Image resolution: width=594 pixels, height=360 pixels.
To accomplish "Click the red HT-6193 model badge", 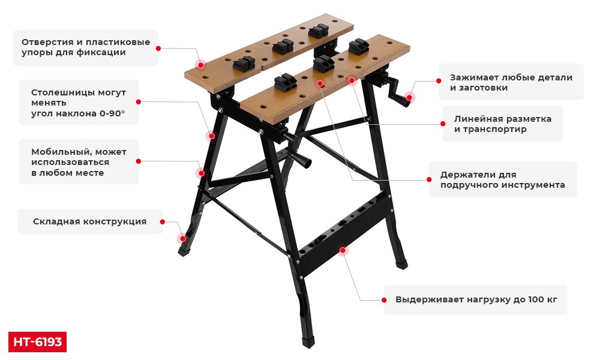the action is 37,342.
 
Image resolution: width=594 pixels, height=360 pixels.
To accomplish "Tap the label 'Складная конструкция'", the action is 90,221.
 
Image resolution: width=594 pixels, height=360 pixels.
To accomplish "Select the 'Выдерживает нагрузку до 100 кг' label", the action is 476,299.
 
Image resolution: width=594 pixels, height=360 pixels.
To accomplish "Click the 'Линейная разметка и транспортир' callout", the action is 502,124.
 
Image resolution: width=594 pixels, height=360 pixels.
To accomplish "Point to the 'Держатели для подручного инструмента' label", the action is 502,179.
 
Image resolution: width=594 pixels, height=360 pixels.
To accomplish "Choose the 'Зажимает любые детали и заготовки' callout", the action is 511,82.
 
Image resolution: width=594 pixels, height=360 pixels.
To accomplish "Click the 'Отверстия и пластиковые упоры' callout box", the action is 86,47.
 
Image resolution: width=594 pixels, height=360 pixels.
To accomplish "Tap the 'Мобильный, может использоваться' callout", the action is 79,162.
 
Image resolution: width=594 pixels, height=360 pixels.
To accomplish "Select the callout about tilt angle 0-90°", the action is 79,103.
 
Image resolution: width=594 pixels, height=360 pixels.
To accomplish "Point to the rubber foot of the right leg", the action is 401,264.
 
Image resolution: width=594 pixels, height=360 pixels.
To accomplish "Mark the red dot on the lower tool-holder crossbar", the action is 343,250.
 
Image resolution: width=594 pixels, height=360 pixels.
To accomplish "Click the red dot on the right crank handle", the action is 409,97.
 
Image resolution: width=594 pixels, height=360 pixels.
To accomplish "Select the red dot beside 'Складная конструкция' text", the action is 163,221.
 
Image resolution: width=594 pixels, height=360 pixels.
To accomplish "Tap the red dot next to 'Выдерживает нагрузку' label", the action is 384,300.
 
